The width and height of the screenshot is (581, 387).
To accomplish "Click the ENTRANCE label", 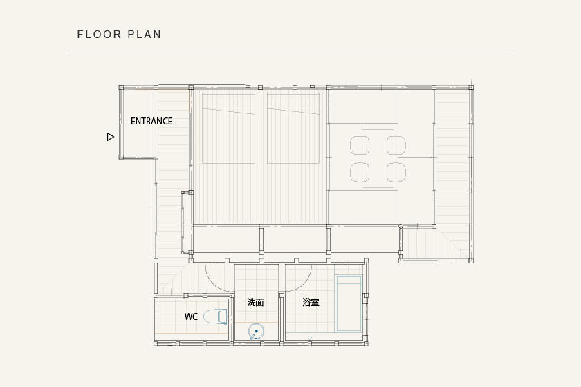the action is [x=151, y=121].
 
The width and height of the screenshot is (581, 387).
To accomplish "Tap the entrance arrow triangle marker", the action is [x=111, y=137].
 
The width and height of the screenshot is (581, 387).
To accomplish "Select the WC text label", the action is [x=191, y=317].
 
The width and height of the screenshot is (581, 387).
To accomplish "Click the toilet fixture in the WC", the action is [x=216, y=317].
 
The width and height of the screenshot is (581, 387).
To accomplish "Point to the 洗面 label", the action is [x=255, y=302].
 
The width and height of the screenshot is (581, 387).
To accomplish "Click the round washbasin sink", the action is [x=256, y=332].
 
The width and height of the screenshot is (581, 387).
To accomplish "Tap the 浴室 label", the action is [x=311, y=302].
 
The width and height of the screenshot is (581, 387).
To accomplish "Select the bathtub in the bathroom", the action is [x=349, y=303].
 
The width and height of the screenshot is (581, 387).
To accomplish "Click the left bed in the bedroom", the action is [x=229, y=128].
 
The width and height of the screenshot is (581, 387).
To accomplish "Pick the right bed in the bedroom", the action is [x=293, y=128].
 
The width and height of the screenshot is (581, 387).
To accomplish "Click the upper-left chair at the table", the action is [x=360, y=145].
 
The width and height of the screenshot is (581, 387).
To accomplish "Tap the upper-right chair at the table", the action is [x=396, y=145].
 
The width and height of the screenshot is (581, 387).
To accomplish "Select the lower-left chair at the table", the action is [x=360, y=172].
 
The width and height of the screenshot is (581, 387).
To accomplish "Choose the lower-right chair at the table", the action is [x=396, y=172].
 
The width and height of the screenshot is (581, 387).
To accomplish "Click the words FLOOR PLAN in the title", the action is [x=119, y=35].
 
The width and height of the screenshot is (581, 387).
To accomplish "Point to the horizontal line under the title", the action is [x=290, y=50].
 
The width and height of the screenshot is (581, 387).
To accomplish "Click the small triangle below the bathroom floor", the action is [x=310, y=338].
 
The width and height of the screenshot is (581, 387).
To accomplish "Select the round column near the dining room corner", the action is [x=400, y=226].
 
